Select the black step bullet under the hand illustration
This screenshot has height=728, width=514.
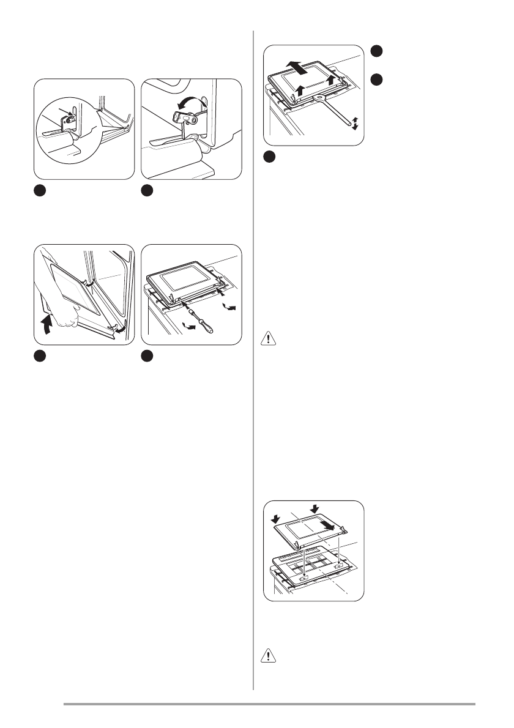click(39, 355)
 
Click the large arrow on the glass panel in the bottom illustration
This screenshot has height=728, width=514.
click(328, 527)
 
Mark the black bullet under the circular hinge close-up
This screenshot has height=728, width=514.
click(39, 190)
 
